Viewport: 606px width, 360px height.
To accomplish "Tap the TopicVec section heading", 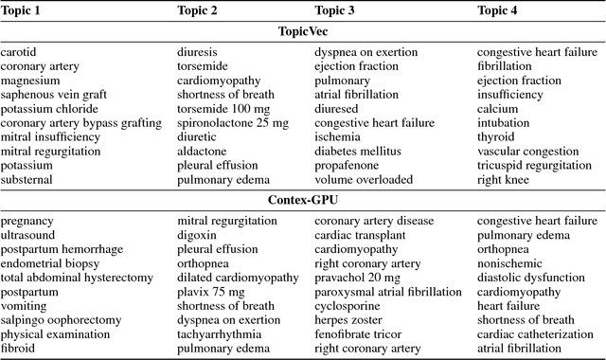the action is (302, 31).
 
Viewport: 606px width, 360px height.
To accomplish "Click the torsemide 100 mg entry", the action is (215, 109).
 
